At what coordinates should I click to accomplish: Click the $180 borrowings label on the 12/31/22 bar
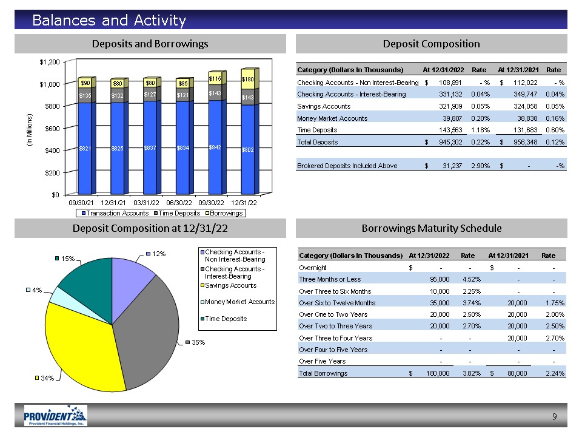click(247, 79)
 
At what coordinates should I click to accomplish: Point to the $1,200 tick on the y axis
click(49, 62)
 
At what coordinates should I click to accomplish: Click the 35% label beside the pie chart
click(198, 343)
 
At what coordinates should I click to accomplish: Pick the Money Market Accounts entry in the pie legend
click(239, 302)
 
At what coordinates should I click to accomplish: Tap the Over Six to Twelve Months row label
click(336, 303)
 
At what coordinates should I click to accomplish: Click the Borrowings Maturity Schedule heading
click(431, 228)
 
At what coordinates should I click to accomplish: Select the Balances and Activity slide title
click(109, 21)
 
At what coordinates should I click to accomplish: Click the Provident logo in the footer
click(55, 416)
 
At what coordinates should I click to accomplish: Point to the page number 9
click(554, 416)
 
